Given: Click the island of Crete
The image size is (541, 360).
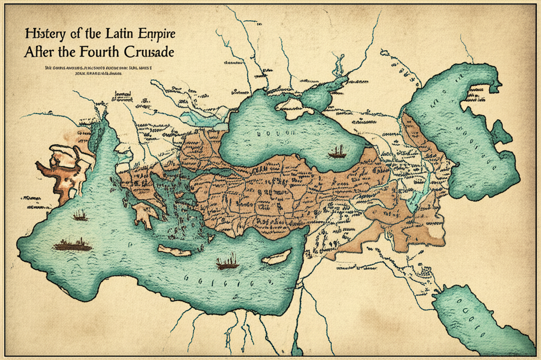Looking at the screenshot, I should point(174,250).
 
